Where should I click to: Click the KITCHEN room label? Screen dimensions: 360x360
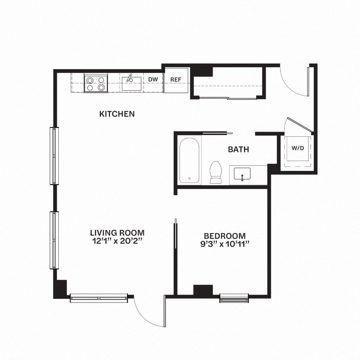point(117,114)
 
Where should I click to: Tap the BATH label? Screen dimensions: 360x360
point(238,149)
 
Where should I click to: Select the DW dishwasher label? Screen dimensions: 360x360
point(153,79)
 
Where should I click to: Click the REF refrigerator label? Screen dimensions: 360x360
point(176,79)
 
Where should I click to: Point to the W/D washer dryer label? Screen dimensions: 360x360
point(297,148)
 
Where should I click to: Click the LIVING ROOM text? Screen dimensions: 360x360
point(117,233)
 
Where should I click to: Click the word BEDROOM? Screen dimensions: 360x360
point(225,236)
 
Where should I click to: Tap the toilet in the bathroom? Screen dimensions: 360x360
point(216,172)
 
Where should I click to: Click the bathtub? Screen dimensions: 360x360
point(189,161)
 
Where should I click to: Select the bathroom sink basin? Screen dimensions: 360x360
point(241,174)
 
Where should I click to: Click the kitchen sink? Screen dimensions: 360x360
point(131,83)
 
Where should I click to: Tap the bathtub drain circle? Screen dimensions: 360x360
point(189,179)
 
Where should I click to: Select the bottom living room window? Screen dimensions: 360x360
point(99,298)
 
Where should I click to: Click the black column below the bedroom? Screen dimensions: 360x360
point(203,290)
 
